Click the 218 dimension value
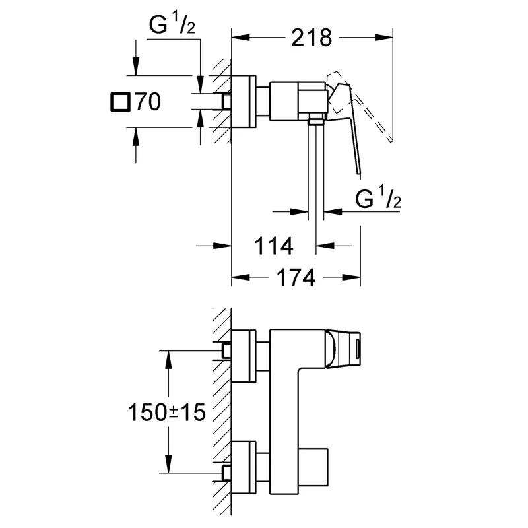(312, 38)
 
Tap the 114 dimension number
(274, 246)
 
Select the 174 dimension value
(296, 277)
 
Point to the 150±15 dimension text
(167, 412)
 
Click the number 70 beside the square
(148, 102)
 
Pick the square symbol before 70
(120, 102)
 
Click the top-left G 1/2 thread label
(172, 25)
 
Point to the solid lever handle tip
(359, 174)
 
